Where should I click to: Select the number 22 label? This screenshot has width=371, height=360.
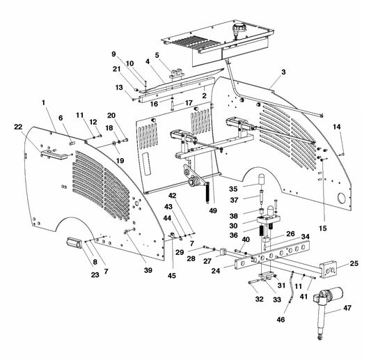18,126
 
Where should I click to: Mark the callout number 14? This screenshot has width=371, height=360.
337,126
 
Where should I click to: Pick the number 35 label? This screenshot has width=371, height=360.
234,188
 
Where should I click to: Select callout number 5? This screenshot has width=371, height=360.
157,55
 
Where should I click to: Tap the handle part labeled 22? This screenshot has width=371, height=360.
50,154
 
